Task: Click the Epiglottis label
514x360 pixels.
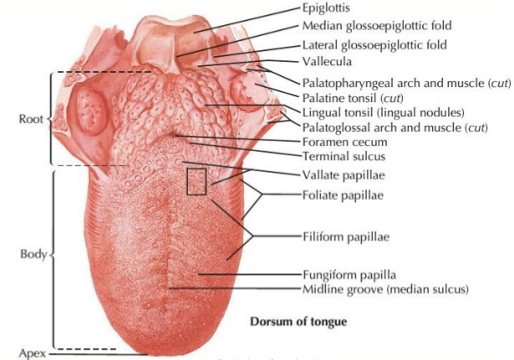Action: [325, 8]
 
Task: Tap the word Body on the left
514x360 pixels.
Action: [31, 253]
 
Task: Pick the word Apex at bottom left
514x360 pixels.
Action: [28, 352]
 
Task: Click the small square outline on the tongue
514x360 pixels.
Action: [196, 181]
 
